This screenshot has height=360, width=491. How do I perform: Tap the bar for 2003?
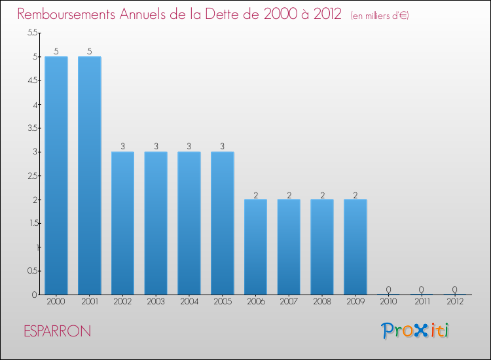156,223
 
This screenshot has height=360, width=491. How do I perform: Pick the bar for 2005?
223,223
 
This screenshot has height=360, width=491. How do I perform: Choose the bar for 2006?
255,247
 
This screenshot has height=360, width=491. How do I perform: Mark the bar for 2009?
355,247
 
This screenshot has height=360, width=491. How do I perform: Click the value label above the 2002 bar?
123,147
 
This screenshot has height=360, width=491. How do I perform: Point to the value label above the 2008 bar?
322,194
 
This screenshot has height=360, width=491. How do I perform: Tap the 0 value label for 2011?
422,289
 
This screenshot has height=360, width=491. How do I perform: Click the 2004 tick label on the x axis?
189,302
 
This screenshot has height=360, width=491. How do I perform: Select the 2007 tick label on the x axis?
289,302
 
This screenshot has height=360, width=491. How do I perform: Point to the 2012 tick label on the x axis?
455,302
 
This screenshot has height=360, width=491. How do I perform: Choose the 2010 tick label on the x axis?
388,302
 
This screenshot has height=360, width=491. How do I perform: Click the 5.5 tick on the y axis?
32,33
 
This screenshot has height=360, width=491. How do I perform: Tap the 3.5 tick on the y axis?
32,128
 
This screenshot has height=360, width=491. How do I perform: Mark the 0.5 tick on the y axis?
32,271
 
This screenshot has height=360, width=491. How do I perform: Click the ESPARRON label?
57,331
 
